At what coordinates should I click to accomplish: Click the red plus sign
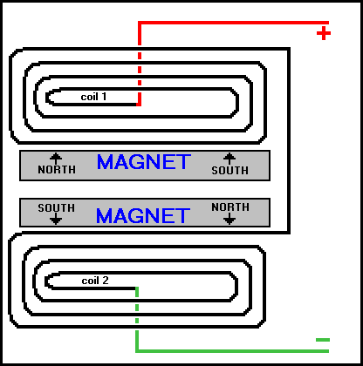pos(324,33)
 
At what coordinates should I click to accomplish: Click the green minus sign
pos(323,340)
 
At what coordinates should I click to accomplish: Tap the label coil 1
pos(93,97)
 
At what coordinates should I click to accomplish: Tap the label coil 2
pos(95,281)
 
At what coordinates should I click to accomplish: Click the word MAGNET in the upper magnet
pos(144,162)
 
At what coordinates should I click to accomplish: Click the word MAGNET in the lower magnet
pos(143,216)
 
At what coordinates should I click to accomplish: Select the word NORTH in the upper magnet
pos(57,170)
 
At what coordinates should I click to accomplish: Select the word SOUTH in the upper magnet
pos(230,171)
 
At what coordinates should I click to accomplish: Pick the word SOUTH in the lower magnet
pos(57,208)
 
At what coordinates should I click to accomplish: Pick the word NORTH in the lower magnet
pos(230,207)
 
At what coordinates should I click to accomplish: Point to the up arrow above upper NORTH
pos(56,159)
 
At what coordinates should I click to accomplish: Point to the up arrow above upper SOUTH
pos(229,159)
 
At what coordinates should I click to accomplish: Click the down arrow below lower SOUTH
pos(56,219)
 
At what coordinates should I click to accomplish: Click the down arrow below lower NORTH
pos(229,219)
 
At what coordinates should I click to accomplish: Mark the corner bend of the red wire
pos(140,23)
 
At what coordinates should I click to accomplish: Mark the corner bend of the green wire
pos(137,351)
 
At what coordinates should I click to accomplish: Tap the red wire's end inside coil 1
pos(139,104)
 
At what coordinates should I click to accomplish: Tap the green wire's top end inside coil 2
pos(137,288)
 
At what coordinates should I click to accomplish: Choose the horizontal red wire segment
pos(233,23)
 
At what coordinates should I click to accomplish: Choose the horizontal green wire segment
pos(232,351)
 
